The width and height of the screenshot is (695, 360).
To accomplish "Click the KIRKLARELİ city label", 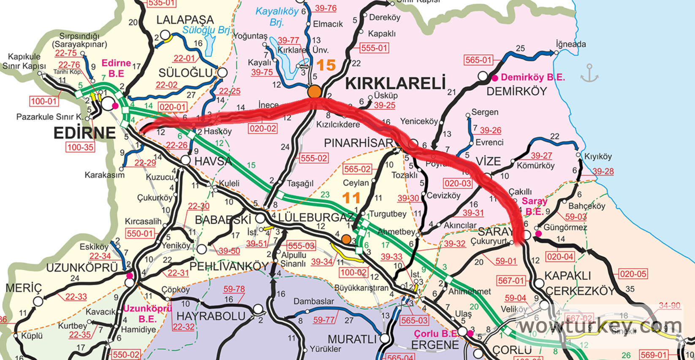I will tap(395, 83).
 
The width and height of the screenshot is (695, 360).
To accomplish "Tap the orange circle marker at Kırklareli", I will tap(314, 91).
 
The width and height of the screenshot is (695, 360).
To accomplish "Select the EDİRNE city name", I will tap(84, 133).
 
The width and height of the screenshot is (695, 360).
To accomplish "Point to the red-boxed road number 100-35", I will tap(80, 147).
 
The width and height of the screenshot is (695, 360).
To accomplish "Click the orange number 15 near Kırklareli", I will tap(326, 65).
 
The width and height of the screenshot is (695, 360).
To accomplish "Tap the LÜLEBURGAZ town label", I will tap(315, 217).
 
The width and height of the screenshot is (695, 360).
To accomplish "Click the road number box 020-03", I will tap(458, 183).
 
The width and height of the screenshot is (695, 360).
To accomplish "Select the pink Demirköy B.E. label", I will tap(533, 77).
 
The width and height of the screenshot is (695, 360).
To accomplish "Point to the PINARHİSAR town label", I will tap(358, 143).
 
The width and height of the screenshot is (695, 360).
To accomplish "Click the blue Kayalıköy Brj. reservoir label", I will tap(277, 16).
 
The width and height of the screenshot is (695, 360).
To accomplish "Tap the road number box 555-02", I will tap(314, 158).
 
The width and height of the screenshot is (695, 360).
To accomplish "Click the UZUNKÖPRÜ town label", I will tap(82, 268).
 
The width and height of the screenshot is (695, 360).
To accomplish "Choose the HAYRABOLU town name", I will tap(211, 316).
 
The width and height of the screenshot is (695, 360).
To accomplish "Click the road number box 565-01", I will tap(478, 60).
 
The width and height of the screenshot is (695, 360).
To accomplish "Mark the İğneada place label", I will tap(571, 44).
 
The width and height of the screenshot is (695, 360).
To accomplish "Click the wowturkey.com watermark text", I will tap(600, 326).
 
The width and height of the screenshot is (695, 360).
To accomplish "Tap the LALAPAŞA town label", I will tap(185, 20).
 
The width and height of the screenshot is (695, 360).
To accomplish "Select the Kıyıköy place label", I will tap(598, 157).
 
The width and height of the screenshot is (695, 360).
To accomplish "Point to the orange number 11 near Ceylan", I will tap(351, 198).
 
